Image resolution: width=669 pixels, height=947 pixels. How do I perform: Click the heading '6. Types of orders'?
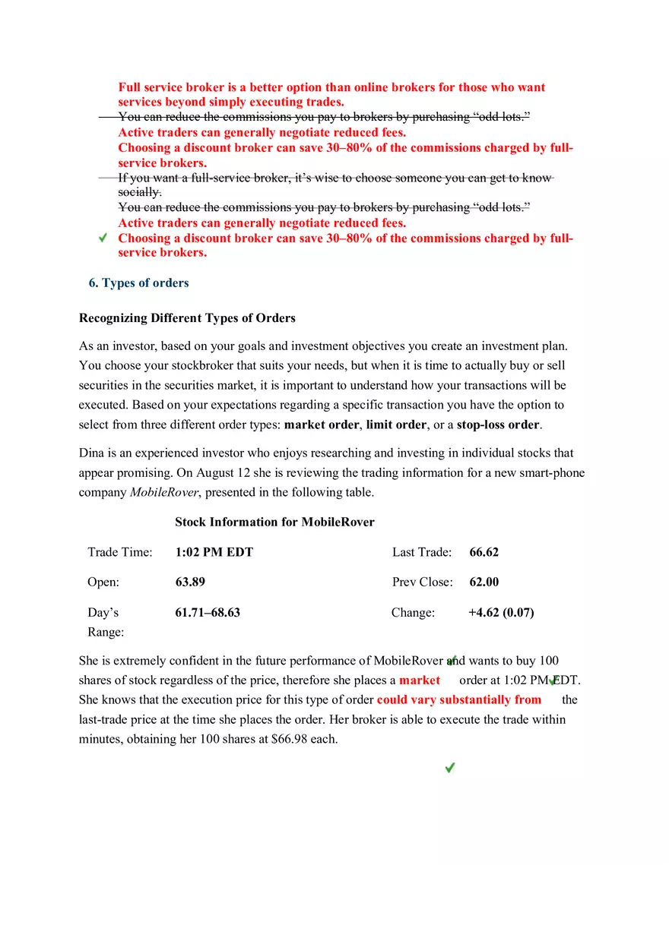click(x=138, y=283)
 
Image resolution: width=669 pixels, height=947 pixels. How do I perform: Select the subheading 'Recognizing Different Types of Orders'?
click(x=187, y=318)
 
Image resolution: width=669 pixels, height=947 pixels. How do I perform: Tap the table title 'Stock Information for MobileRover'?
click(x=274, y=522)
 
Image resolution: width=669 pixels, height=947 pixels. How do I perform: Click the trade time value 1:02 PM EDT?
click(x=214, y=552)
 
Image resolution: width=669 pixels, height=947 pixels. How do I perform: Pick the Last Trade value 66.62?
click(x=484, y=552)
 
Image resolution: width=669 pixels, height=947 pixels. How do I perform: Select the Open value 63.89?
click(x=190, y=582)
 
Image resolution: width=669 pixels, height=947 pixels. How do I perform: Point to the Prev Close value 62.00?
click(x=484, y=582)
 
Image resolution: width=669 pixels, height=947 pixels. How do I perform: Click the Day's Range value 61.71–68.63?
click(x=208, y=613)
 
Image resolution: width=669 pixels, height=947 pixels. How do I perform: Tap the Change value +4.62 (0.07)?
click(x=501, y=613)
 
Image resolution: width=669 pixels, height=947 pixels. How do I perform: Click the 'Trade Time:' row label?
click(x=119, y=552)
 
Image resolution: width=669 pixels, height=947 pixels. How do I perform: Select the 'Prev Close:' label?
click(x=422, y=582)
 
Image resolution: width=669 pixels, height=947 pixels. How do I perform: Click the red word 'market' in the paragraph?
click(x=420, y=680)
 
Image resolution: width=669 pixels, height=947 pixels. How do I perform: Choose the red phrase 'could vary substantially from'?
click(x=459, y=700)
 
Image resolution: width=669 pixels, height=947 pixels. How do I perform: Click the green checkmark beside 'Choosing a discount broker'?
click(x=103, y=238)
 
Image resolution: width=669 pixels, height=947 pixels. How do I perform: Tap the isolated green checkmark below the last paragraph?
click(x=450, y=768)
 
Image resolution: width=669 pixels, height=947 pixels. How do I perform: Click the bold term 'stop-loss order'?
click(x=498, y=425)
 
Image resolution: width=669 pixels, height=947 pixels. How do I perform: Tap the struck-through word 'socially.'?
click(x=139, y=193)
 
